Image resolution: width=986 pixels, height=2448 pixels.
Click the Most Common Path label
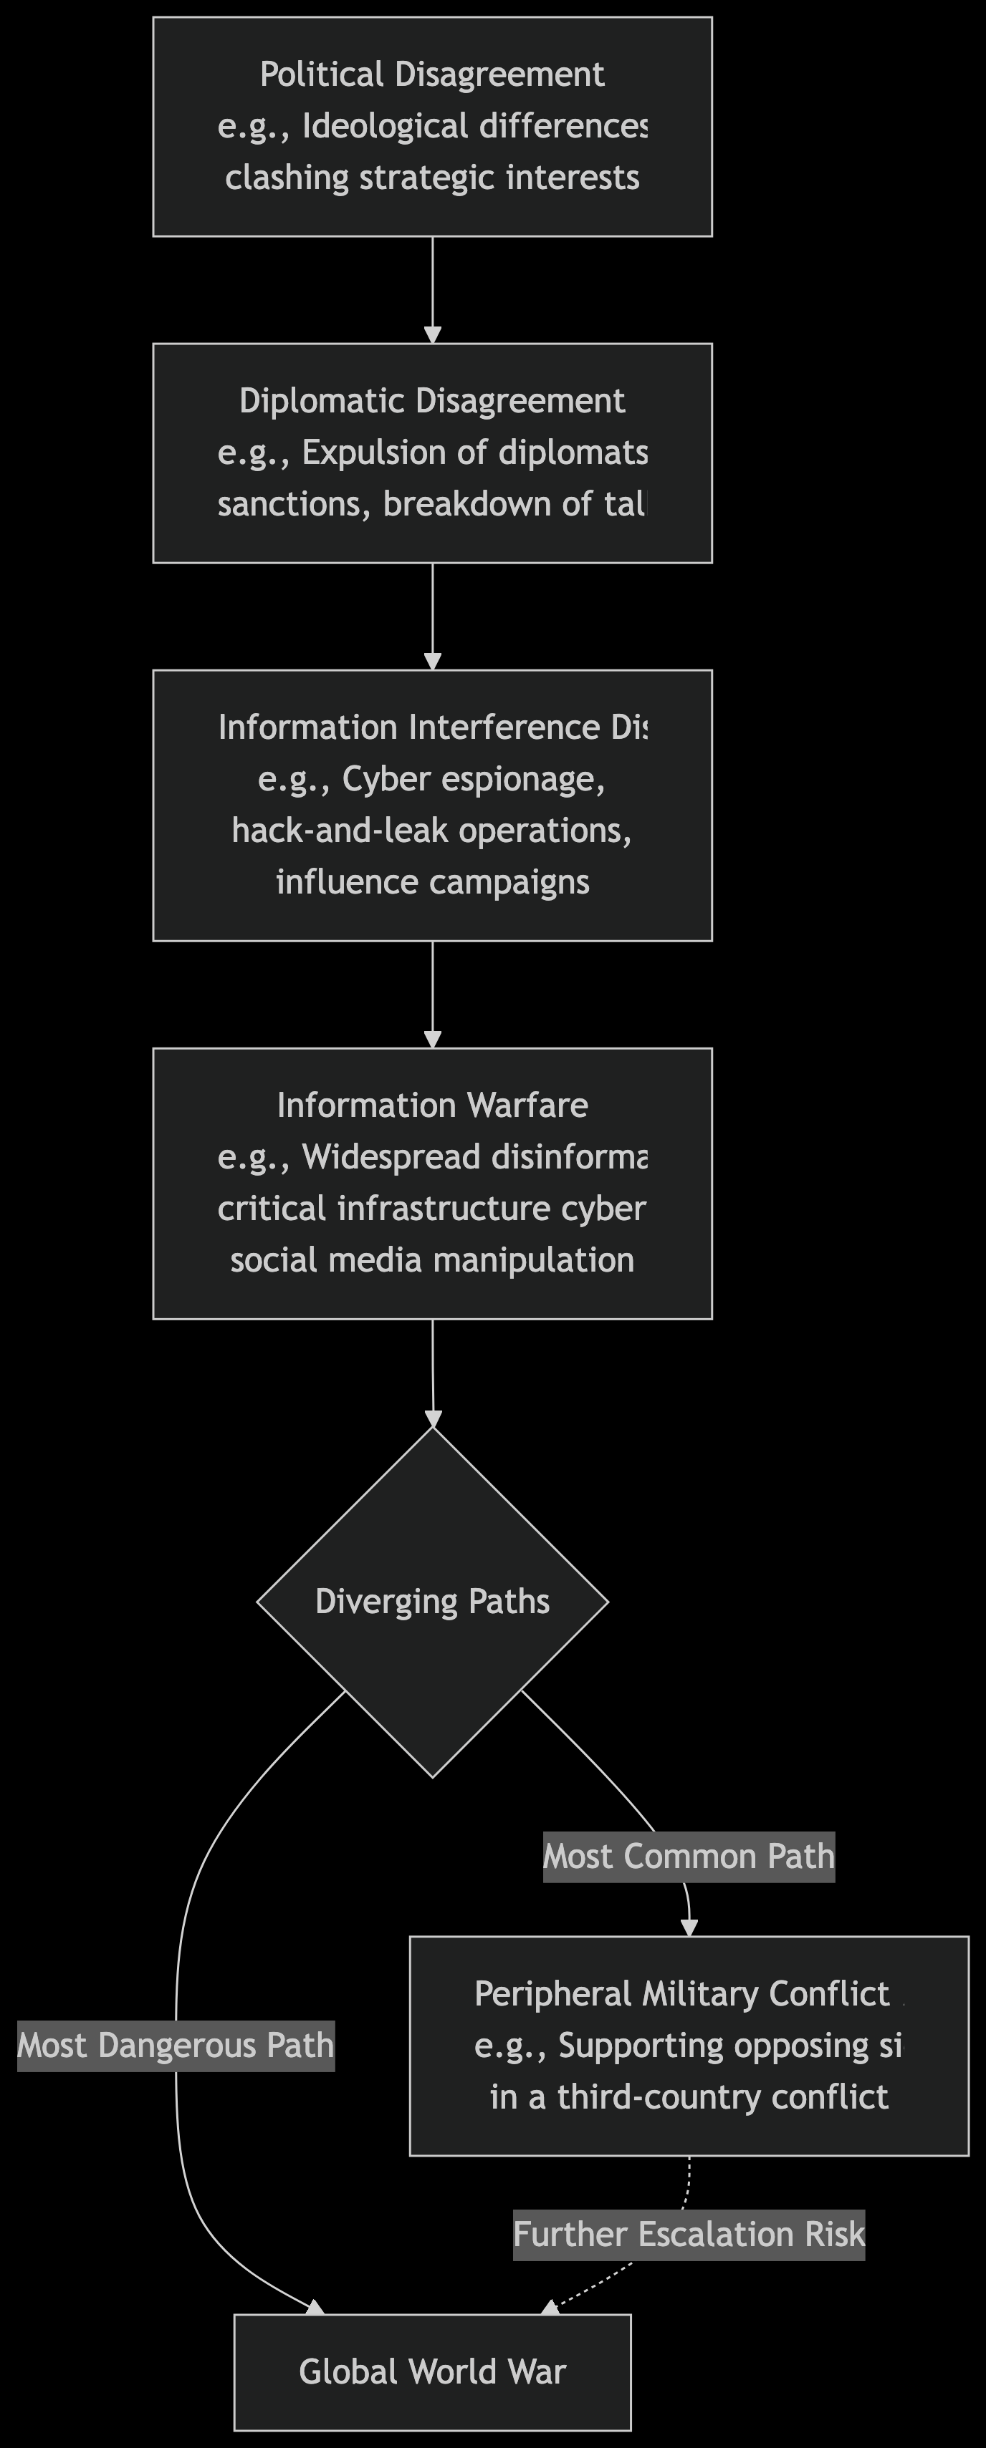689,1856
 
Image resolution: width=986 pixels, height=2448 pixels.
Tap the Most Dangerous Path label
176,2045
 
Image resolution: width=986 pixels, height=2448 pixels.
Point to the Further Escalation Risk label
689,2234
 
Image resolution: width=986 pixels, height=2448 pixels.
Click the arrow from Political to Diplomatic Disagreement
433,290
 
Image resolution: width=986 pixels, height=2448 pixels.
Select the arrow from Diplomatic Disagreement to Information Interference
433,616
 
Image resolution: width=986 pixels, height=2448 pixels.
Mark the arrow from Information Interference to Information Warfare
433,994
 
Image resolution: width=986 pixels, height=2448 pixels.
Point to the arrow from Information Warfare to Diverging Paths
433,1373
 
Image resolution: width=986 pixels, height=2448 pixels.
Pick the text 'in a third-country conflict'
689,2096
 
